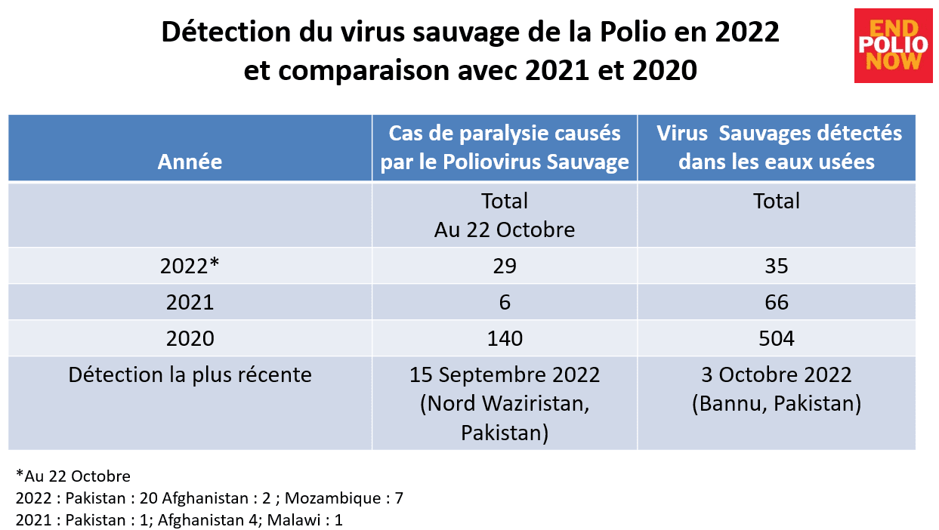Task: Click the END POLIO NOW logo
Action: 894,45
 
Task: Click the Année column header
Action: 190,162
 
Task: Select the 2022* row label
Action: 190,266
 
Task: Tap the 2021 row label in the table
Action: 190,302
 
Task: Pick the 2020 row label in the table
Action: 190,338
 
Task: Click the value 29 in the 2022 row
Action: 505,266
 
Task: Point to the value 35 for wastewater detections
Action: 777,266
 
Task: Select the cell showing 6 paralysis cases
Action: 505,302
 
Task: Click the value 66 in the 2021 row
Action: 777,302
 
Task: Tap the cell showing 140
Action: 505,338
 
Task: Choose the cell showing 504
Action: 777,338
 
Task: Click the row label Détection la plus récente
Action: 190,374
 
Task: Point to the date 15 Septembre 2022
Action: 505,374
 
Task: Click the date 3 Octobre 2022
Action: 777,374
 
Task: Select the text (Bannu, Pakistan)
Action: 777,403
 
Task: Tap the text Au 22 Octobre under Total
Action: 505,230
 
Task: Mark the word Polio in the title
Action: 633,32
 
